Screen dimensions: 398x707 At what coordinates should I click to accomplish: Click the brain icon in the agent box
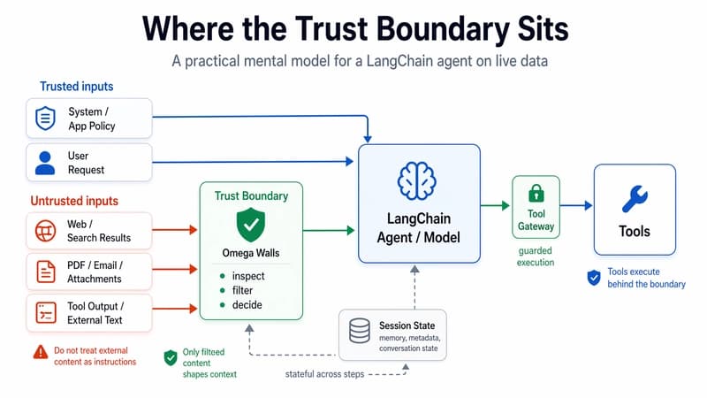418,180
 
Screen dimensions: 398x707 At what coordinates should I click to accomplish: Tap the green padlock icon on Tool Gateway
536,194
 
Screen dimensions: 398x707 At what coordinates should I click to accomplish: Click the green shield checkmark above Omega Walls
252,225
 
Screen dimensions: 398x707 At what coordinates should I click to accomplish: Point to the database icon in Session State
360,332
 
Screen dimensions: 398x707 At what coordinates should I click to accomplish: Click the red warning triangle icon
40,351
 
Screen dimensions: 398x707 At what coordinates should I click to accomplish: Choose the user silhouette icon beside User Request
44,161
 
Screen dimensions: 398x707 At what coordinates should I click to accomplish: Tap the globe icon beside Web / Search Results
44,232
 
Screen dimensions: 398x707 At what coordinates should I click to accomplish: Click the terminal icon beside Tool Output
44,312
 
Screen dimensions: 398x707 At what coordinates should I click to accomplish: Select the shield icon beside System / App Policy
44,119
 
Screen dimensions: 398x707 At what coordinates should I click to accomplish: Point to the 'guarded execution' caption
536,256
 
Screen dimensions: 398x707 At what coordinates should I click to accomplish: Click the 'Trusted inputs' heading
76,87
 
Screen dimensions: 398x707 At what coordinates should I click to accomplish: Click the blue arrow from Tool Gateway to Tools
574,206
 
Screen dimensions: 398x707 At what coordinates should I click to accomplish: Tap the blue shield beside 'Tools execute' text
594,278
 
